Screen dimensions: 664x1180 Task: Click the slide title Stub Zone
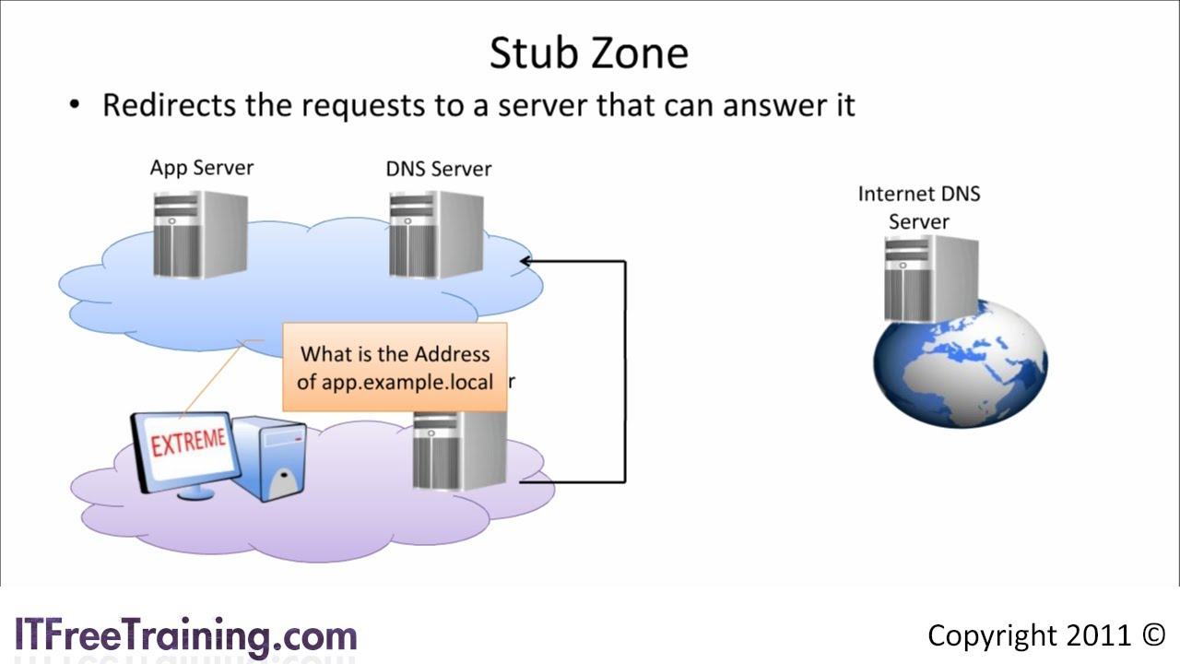(588, 53)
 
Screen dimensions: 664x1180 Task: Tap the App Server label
(201, 168)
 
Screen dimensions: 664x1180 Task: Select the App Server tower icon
(200, 234)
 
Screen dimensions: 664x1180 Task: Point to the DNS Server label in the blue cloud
(438, 169)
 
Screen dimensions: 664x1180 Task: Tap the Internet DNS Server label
(918, 207)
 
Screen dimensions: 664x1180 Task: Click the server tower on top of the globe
(931, 277)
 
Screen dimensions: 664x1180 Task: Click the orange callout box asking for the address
(395, 366)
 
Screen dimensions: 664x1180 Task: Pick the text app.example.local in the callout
(395, 381)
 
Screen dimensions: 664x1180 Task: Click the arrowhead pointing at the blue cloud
(526, 261)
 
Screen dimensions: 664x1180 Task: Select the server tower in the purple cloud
(458, 450)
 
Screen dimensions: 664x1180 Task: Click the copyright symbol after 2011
(1153, 635)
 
